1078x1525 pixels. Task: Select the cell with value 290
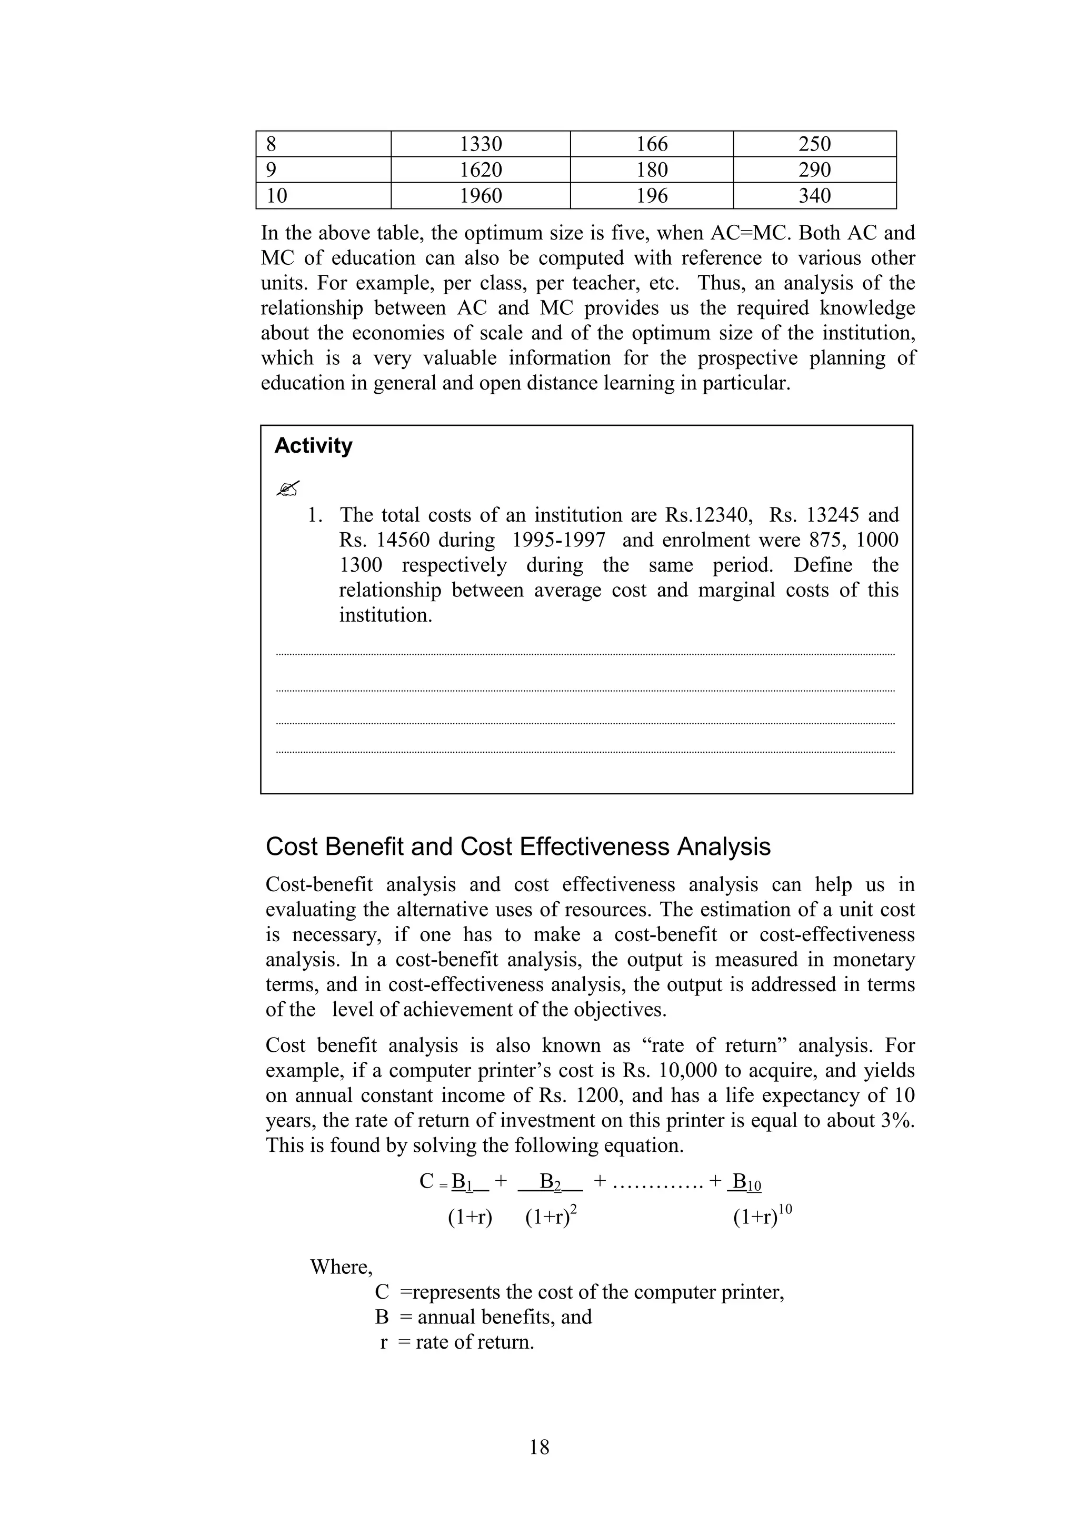[x=814, y=170]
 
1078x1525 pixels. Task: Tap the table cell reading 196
[x=652, y=196]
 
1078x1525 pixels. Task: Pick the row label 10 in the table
[x=277, y=196]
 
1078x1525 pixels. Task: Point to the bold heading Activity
[x=313, y=446]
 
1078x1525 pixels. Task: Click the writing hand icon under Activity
[x=287, y=489]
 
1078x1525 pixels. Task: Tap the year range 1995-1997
[x=558, y=540]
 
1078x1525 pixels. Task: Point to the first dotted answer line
[x=584, y=655]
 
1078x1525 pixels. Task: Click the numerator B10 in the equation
[x=745, y=1183]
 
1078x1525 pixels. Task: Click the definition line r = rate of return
[x=457, y=1342]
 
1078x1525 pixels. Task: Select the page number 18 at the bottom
[x=540, y=1447]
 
